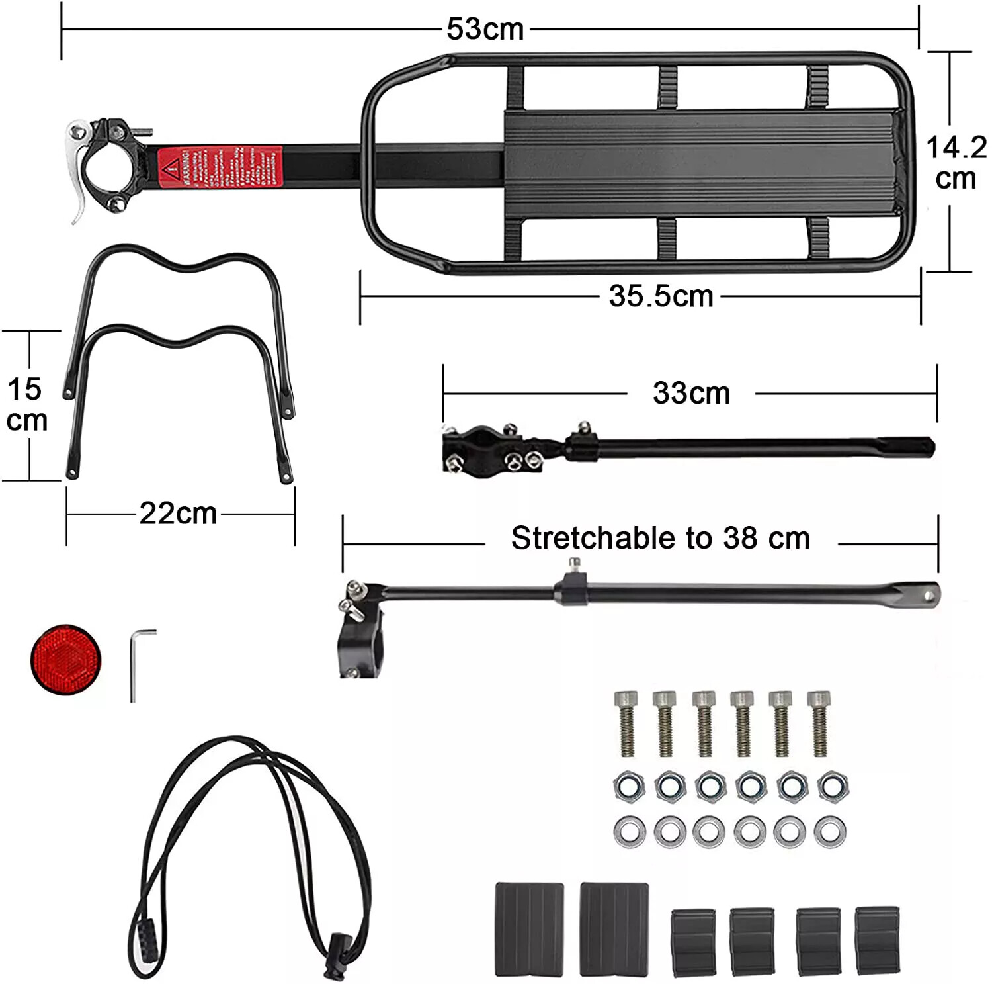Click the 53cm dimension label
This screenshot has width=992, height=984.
pyautogui.click(x=485, y=29)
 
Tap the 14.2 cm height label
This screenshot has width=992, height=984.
pyautogui.click(x=956, y=163)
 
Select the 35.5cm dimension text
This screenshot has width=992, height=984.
pyautogui.click(x=661, y=296)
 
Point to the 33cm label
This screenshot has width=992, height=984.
pyautogui.click(x=691, y=393)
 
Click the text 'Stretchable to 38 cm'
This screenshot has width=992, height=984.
pyautogui.click(x=660, y=538)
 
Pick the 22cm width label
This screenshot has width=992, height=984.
pyautogui.click(x=178, y=514)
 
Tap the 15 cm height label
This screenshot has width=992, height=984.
pyautogui.click(x=26, y=405)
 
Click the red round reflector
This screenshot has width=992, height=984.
pyautogui.click(x=65, y=659)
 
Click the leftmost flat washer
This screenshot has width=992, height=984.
pyautogui.click(x=630, y=831)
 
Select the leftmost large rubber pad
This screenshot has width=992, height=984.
pyautogui.click(x=529, y=928)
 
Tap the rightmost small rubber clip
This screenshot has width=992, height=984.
pyautogui.click(x=877, y=940)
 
